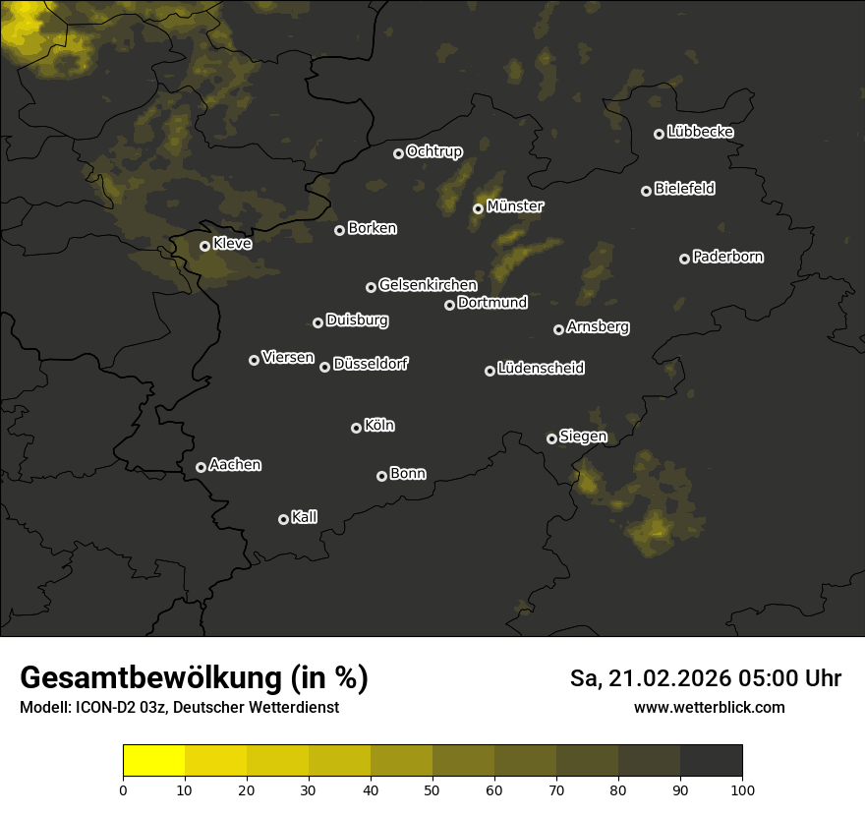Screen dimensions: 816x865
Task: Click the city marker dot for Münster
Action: coord(479,208)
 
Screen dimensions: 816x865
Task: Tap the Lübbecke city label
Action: coord(700,132)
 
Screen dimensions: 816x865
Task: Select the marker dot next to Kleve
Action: coord(205,246)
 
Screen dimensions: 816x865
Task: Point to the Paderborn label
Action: coord(727,257)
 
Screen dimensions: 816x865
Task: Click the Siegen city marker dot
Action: coord(551,438)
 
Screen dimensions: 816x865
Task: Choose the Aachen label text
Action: coord(235,465)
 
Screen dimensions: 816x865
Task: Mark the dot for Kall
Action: coord(283,519)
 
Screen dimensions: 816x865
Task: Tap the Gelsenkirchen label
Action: coord(428,285)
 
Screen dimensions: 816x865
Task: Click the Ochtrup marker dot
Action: coord(398,153)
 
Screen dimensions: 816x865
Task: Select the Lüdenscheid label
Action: coord(541,369)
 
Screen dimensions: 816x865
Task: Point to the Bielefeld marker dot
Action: coord(646,191)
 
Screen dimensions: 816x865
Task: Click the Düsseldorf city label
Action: coord(371,364)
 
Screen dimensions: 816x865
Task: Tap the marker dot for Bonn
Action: coord(381,476)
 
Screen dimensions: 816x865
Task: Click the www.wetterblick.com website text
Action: coord(709,707)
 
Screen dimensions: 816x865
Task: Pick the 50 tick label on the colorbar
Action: coord(432,789)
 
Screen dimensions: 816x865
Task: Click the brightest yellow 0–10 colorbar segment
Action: coord(154,761)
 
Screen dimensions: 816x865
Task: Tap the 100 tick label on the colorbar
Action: coord(742,789)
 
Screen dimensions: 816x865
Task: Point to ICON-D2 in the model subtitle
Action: coord(102,708)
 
